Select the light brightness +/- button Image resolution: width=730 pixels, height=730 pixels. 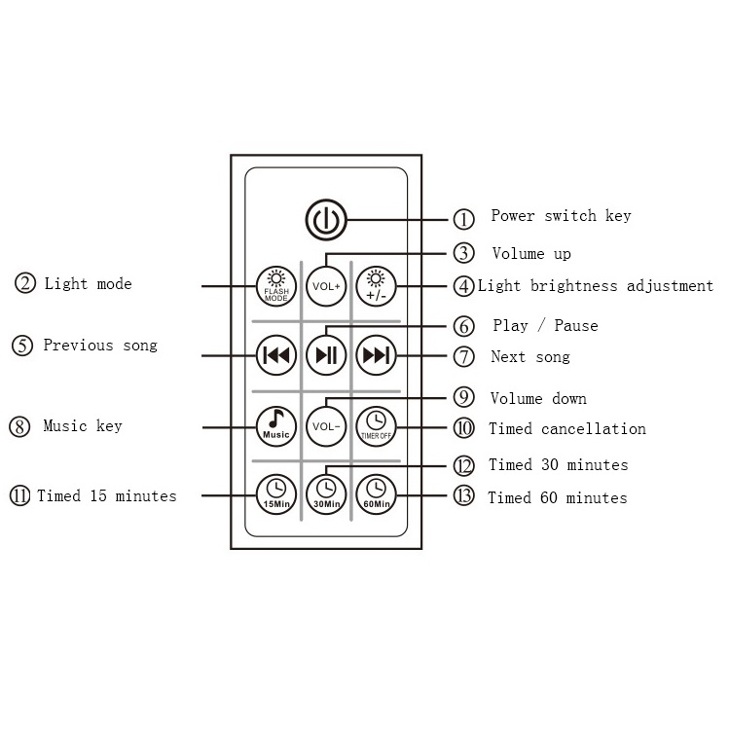coord(375,285)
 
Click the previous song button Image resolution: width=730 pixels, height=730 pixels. coord(275,355)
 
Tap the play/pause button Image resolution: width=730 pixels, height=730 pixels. coord(325,355)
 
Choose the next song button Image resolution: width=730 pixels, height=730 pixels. coord(375,355)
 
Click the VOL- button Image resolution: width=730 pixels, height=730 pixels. coord(325,425)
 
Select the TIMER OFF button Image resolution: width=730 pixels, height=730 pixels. coord(375,425)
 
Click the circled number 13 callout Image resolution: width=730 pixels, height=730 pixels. coord(464,497)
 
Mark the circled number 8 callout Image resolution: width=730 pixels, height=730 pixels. coord(20,426)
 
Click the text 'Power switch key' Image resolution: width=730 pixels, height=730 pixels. coord(561,216)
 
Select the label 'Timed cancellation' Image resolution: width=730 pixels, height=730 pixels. coord(566,428)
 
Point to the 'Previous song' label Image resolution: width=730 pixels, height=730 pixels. coord(99,346)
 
